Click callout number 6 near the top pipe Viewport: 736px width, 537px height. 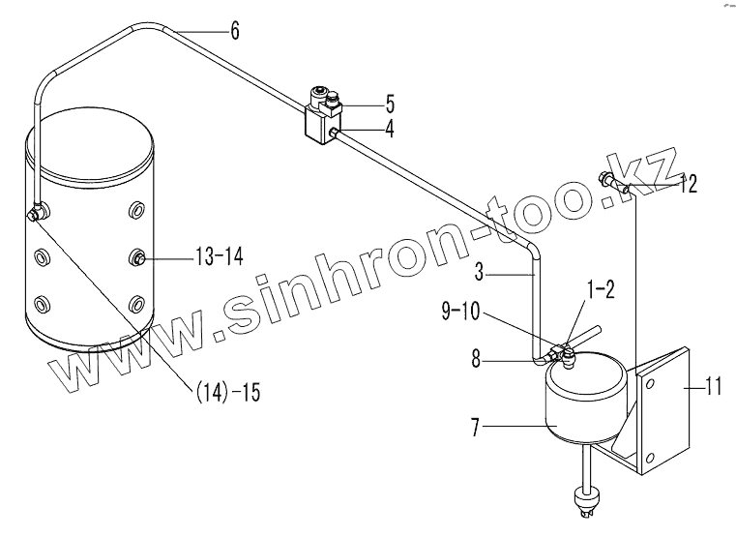235,32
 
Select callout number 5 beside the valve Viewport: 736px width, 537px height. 390,104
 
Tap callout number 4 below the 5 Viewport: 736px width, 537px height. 390,129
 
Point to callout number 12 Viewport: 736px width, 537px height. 689,183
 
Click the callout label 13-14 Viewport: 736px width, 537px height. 220,256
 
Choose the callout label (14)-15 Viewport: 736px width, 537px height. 226,393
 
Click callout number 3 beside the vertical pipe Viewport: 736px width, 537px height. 479,272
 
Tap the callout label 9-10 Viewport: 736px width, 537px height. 461,312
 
